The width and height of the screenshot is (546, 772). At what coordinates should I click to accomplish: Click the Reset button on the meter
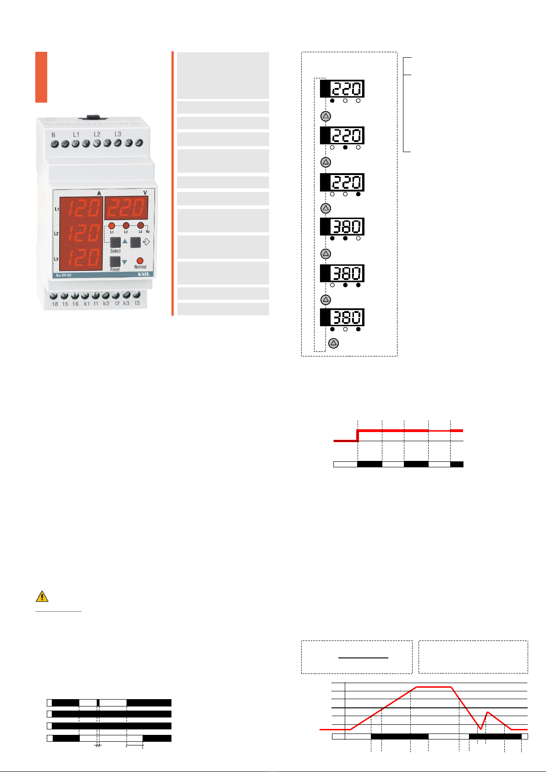pyautogui.click(x=115, y=262)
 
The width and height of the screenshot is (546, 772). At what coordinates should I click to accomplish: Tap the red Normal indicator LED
pyautogui.click(x=140, y=261)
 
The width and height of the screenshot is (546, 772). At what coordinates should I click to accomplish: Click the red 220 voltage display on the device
pyautogui.click(x=126, y=208)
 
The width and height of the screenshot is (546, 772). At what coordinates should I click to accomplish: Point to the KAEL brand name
pyautogui.click(x=143, y=274)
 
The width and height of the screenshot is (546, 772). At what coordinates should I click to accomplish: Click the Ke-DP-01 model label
pyautogui.click(x=64, y=275)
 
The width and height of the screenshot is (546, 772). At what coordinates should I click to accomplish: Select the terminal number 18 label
pyautogui.click(x=55, y=304)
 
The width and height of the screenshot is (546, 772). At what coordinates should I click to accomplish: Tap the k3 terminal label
pyautogui.click(x=126, y=303)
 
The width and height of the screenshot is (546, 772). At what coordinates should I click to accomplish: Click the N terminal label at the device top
pyautogui.click(x=54, y=135)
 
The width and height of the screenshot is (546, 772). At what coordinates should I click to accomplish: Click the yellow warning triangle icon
pyautogui.click(x=42, y=596)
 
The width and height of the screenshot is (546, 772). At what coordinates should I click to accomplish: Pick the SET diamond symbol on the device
pyautogui.click(x=146, y=242)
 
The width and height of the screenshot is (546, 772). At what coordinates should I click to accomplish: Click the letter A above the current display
pyautogui.click(x=99, y=194)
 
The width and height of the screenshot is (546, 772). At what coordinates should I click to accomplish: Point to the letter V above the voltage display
pyautogui.click(x=145, y=193)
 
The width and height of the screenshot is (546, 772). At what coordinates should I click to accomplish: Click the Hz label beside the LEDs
pyautogui.click(x=148, y=232)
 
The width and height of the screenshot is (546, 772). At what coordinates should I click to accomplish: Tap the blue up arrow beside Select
pyautogui.click(x=125, y=241)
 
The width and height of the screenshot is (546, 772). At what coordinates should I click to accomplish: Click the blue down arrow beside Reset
pyautogui.click(x=124, y=262)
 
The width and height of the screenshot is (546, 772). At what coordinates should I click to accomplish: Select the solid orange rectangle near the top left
pyautogui.click(x=41, y=77)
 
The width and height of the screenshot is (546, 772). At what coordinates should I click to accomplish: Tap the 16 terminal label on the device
pyautogui.click(x=75, y=304)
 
